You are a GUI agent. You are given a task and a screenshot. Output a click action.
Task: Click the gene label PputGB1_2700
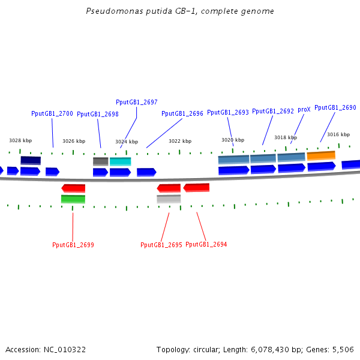(x=52, y=113)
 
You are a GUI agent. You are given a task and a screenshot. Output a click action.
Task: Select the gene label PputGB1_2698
(x=98, y=114)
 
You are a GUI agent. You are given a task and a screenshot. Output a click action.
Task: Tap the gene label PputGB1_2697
(x=137, y=102)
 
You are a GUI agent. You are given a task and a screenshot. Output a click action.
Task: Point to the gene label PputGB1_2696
(x=182, y=113)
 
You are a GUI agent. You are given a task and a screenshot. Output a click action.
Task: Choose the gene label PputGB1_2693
(x=228, y=112)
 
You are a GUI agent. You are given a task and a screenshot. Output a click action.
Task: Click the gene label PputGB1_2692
(x=273, y=111)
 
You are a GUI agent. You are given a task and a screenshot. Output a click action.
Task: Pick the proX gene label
(x=304, y=110)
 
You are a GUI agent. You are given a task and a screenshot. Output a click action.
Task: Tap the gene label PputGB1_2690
(x=335, y=107)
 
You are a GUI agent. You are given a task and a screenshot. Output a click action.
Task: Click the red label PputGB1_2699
(x=73, y=245)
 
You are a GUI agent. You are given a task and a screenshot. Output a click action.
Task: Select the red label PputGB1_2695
(x=161, y=245)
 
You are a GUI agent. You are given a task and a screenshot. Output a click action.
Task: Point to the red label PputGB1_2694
(x=206, y=244)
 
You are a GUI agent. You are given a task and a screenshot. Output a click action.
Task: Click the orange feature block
(x=321, y=155)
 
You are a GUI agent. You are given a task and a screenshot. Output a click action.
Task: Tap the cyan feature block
(x=120, y=161)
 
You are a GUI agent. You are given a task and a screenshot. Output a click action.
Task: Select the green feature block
(x=73, y=199)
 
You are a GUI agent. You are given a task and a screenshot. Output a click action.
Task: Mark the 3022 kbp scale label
(x=180, y=141)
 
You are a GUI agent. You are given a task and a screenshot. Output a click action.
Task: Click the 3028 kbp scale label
(x=20, y=140)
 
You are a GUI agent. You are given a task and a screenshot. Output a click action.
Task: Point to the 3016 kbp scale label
(x=338, y=134)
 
